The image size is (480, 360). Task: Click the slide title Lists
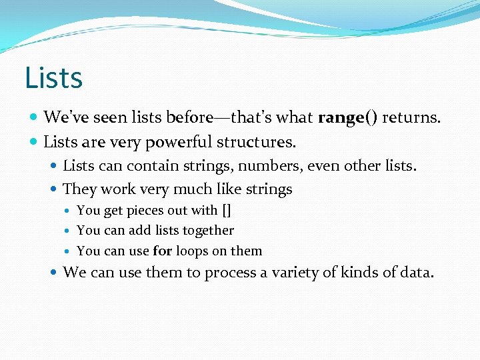coord(53,77)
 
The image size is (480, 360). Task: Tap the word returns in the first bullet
coord(411,118)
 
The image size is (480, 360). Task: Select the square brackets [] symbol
coord(226,211)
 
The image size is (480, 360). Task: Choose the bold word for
coord(162,251)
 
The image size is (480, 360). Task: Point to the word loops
coord(192,251)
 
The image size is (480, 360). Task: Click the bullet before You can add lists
coord(69,231)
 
